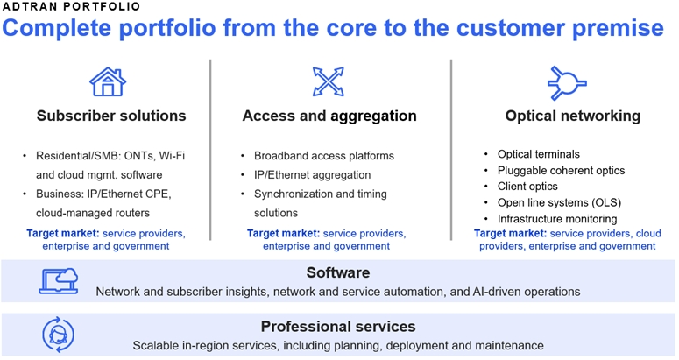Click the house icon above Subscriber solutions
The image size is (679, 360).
point(108,81)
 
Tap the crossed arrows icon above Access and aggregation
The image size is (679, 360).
point(329,81)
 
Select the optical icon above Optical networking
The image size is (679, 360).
point(567,83)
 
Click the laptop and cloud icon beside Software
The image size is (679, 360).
point(59,281)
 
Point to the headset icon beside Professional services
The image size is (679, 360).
point(59,335)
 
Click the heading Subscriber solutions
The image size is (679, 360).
point(111,116)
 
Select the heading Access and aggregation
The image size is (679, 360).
point(329,116)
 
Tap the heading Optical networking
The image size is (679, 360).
point(573,116)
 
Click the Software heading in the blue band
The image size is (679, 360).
point(338,272)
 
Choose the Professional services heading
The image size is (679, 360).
point(338,326)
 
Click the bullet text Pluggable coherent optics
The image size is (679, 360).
point(562,171)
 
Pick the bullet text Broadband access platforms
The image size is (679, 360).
point(324,156)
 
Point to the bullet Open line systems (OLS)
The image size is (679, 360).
point(560,202)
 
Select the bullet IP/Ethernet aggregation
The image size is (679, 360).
point(312,175)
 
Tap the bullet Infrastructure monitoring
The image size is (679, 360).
point(557,219)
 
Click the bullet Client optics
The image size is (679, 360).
point(527,187)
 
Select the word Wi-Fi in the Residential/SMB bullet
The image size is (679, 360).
point(172,156)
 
